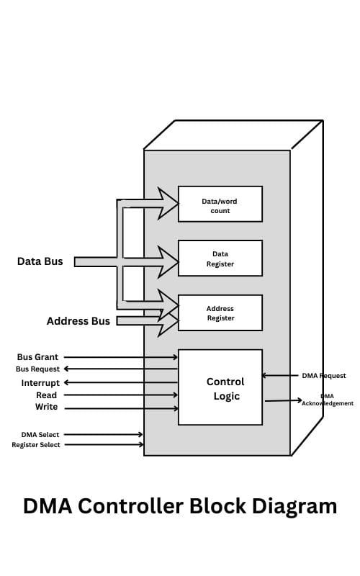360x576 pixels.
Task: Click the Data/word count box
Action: coord(220,204)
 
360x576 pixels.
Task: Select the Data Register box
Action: coord(220,258)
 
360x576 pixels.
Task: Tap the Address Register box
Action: coord(220,313)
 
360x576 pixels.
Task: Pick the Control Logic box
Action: coord(220,387)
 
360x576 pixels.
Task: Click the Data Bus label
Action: coord(40,261)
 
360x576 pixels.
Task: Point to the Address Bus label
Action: coord(78,321)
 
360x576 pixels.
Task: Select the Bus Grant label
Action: coord(37,357)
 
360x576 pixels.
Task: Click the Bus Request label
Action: coord(37,369)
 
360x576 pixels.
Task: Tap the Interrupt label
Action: coord(40,383)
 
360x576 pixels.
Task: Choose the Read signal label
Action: coord(46,395)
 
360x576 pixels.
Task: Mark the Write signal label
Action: coord(46,408)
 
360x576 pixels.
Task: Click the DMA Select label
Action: coord(40,435)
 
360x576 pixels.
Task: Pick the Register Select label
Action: coord(36,445)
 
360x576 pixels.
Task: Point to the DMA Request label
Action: coord(323,376)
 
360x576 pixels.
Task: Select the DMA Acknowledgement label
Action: coord(328,400)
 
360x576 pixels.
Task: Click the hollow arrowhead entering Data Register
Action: coord(168,261)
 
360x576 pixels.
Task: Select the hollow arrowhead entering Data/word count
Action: coord(168,204)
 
